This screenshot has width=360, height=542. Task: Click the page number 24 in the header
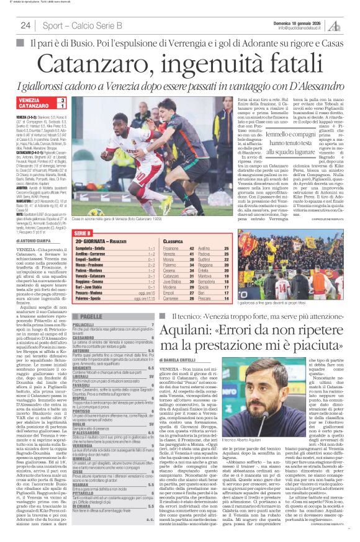click(x=25, y=25)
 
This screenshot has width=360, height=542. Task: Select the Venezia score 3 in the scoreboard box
click(x=62, y=100)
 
